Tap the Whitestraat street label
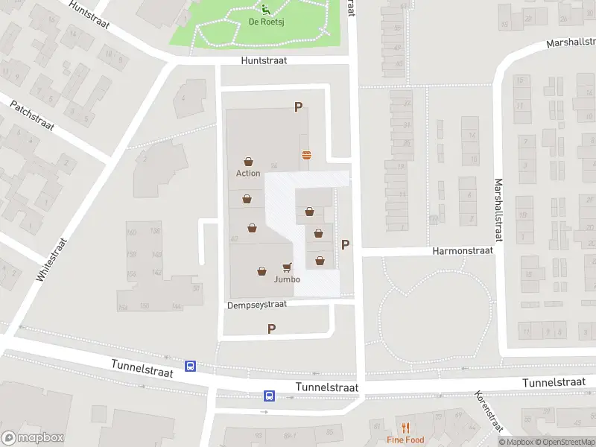pyautogui.click(x=51, y=259)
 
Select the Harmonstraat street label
pyautogui.click(x=463, y=251)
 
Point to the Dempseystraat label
pyautogui.click(x=258, y=305)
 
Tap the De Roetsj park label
pyautogui.click(x=264, y=22)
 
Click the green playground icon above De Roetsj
pyautogui.click(x=265, y=9)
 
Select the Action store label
pyautogui.click(x=248, y=174)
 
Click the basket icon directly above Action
pyautogui.click(x=248, y=161)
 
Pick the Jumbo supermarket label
pyautogui.click(x=287, y=279)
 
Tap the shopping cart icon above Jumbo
pyautogui.click(x=287, y=267)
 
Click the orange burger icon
pyautogui.click(x=306, y=155)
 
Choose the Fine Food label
pyautogui.click(x=405, y=440)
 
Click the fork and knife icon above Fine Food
pyautogui.click(x=405, y=428)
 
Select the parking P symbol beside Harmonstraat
pyautogui.click(x=345, y=244)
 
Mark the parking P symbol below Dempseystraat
pyautogui.click(x=271, y=329)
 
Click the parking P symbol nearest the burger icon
pyautogui.click(x=298, y=107)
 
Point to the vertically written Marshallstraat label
pyautogui.click(x=498, y=209)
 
